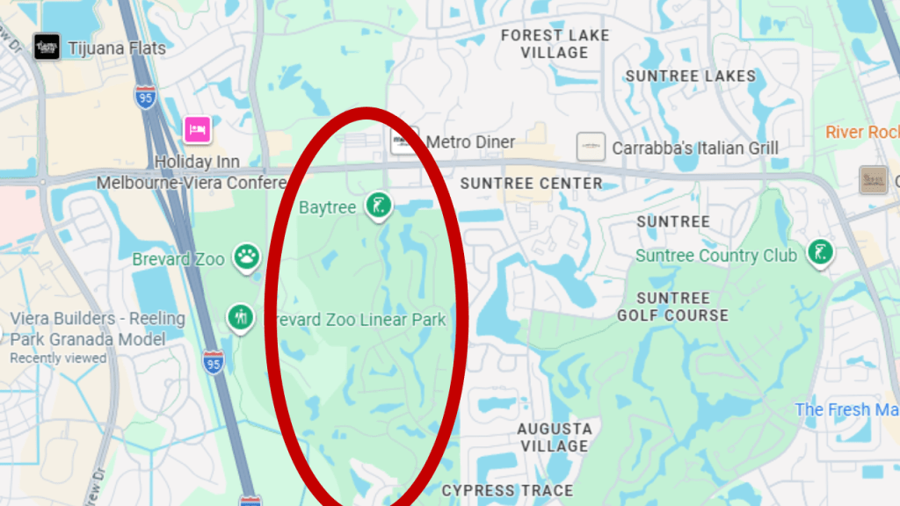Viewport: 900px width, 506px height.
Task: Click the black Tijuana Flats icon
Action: (x=47, y=47)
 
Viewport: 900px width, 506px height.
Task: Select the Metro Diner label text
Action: (x=470, y=141)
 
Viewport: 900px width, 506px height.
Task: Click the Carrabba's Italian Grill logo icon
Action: (x=591, y=147)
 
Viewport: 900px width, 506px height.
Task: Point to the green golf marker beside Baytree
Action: (x=379, y=206)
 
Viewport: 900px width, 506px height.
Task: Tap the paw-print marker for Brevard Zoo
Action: (x=247, y=258)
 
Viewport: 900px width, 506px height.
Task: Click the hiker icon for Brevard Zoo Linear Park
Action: (x=240, y=317)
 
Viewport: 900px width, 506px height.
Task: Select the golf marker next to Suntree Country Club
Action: (x=820, y=253)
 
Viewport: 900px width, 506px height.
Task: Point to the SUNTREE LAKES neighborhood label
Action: (x=690, y=76)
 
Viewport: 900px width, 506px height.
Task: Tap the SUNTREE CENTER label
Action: (x=531, y=184)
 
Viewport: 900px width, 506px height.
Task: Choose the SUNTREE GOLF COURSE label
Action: (x=672, y=307)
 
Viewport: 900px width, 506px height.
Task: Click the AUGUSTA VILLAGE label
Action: (x=554, y=437)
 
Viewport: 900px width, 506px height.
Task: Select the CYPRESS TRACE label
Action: (x=507, y=490)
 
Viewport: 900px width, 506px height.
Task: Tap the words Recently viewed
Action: (x=58, y=358)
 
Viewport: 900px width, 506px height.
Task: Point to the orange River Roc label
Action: (x=861, y=132)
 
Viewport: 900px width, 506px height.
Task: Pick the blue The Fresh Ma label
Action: (x=846, y=409)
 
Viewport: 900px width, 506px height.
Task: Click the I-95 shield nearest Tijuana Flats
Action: (x=147, y=98)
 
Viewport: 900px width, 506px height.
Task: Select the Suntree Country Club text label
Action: (x=715, y=256)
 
